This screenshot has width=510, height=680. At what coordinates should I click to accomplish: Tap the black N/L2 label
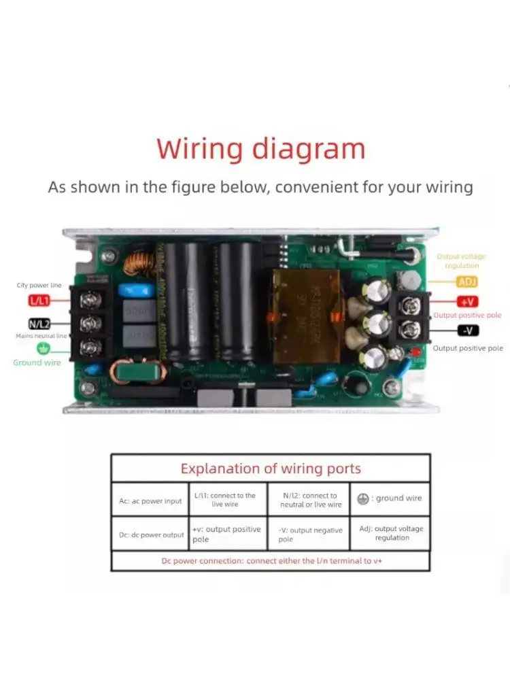39,324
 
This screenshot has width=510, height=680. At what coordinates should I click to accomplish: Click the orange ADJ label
467,282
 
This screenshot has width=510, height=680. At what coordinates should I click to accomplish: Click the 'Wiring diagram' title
261,148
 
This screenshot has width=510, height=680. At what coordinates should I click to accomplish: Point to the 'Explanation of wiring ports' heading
270,469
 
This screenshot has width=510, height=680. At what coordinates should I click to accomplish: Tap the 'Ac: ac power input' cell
150,501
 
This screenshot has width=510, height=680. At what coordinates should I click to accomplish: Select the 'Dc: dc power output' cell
151,534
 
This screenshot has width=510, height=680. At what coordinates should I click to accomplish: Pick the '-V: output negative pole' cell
309,534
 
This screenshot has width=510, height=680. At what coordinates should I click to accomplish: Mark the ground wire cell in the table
390,498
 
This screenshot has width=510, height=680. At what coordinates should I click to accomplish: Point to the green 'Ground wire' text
37,362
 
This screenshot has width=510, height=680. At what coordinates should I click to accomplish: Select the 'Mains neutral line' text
40,336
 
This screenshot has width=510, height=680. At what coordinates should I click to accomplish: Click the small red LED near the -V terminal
415,351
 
